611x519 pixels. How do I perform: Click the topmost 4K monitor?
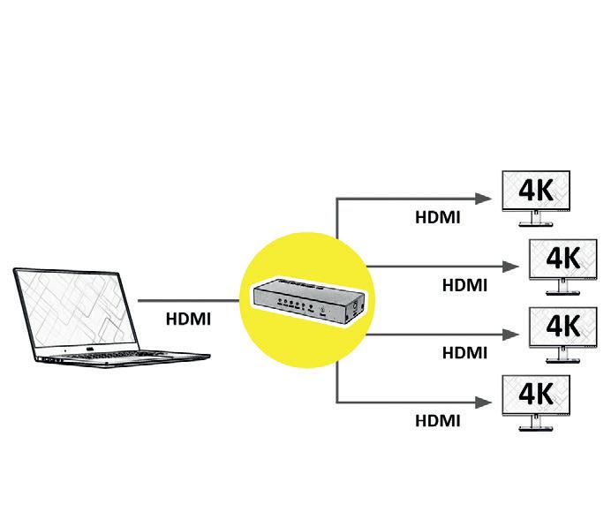534,190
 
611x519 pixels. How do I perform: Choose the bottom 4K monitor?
534,394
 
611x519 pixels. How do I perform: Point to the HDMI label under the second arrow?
464,284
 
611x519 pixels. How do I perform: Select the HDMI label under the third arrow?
464,352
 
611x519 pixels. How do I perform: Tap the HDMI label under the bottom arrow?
438,420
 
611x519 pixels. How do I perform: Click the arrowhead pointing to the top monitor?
485,198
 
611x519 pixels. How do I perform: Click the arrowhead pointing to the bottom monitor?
485,402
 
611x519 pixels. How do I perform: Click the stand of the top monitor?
533,221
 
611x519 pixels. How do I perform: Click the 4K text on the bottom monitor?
535,392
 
